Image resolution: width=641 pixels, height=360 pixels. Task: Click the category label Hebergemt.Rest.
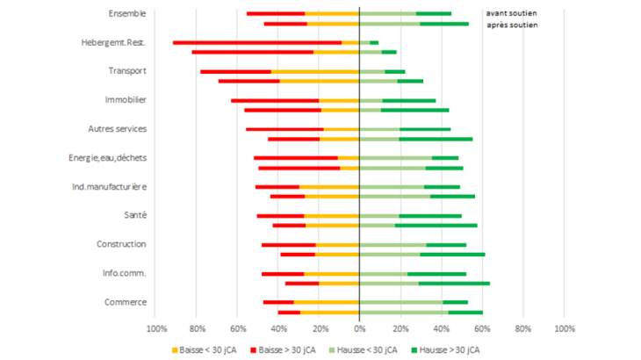(x=112, y=42)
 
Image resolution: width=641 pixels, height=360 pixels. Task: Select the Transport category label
(x=127, y=71)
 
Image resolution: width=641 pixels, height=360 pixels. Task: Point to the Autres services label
(x=117, y=129)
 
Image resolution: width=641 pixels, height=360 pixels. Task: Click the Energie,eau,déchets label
(x=107, y=158)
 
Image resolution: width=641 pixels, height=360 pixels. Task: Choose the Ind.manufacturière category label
(x=109, y=187)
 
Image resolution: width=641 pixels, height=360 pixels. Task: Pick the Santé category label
(x=134, y=215)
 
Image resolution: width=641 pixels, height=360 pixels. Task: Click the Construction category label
(x=121, y=244)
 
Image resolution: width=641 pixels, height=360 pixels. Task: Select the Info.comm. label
(x=124, y=273)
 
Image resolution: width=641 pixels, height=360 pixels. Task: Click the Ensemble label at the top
(x=127, y=13)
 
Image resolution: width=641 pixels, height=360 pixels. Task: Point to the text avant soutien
(x=512, y=14)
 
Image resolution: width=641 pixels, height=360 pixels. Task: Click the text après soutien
(x=512, y=25)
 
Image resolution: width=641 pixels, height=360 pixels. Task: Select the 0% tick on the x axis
(x=359, y=328)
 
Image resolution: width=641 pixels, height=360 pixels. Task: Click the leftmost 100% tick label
(x=156, y=328)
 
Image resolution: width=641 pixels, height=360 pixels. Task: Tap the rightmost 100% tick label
(x=564, y=328)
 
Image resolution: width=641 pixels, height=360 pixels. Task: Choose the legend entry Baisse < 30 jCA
(x=222, y=349)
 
